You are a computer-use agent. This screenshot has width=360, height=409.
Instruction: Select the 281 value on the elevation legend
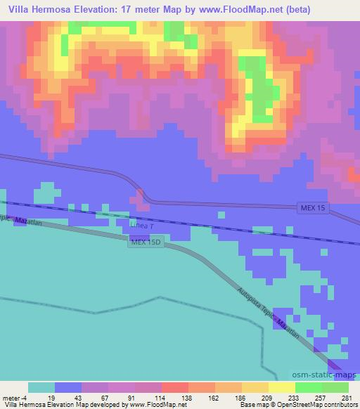346,398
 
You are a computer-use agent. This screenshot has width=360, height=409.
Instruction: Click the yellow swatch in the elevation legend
281,387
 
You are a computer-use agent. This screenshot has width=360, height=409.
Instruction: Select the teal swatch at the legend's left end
41,387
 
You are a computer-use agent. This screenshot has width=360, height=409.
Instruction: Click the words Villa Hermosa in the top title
36,9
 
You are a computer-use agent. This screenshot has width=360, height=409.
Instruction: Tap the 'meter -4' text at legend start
14,398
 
